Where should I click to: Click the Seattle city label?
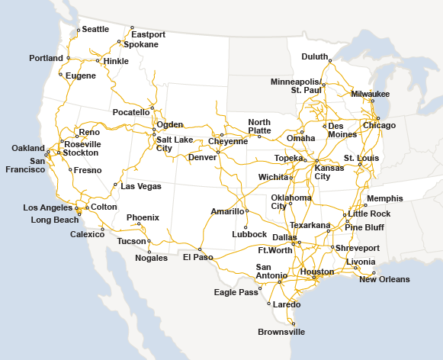(95, 29)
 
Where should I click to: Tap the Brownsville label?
(281, 332)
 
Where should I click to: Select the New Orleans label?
(384, 279)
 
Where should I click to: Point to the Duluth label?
(314, 56)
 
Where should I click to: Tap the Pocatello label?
(131, 112)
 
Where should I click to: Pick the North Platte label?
(259, 126)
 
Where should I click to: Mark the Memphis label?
(384, 198)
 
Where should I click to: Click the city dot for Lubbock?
(246, 227)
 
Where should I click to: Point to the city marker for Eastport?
(133, 27)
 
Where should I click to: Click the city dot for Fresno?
(70, 169)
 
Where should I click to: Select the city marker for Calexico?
(102, 228)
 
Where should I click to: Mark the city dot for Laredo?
(269, 304)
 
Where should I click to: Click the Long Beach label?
(54, 220)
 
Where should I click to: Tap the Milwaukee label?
(371, 94)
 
